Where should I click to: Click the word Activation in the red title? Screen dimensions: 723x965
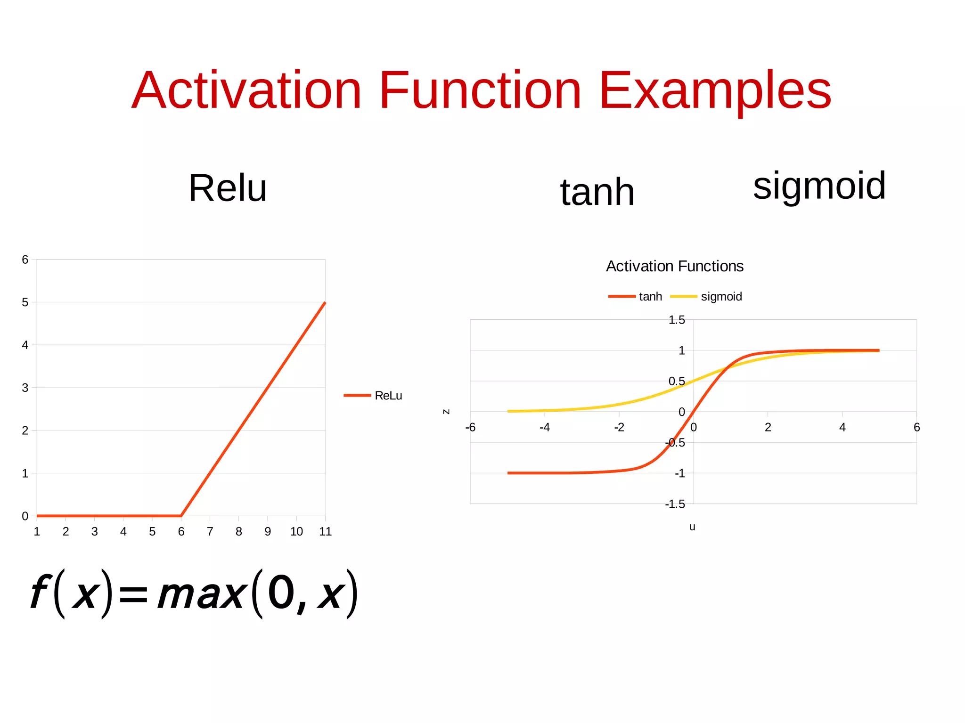click(246, 90)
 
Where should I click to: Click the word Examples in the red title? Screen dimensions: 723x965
click(715, 90)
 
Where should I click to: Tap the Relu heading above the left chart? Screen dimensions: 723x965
click(228, 188)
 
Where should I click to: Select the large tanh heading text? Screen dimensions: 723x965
click(597, 192)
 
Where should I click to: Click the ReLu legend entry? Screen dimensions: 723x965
click(388, 396)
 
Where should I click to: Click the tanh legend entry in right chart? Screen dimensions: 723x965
click(650, 297)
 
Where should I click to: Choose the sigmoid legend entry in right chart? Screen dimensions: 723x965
click(721, 297)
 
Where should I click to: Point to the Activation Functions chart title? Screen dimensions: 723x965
click(674, 266)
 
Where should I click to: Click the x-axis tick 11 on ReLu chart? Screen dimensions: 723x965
click(325, 532)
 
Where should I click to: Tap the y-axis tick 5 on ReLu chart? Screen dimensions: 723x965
click(25, 302)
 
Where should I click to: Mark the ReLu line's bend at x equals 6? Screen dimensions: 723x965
click(181, 515)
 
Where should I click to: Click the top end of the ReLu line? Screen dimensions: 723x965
click(325, 303)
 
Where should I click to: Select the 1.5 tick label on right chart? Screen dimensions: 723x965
click(677, 320)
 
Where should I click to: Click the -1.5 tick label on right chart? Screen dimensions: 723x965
click(675, 504)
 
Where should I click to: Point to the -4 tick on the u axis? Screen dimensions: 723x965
click(545, 427)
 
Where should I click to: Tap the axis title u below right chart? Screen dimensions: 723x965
click(692, 527)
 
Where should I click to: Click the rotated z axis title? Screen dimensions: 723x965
click(446, 412)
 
